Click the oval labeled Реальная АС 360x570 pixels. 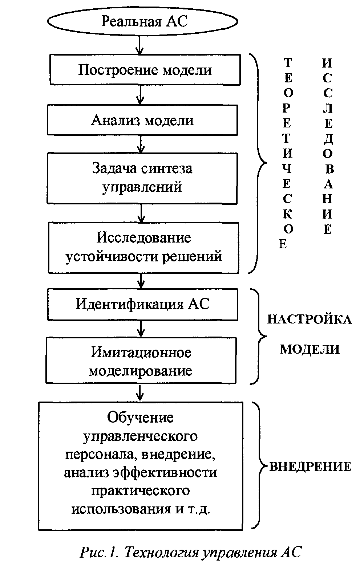tap(142, 21)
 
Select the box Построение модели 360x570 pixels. tap(145, 69)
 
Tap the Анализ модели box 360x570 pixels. tap(142, 120)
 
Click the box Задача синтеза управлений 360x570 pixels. tap(142, 178)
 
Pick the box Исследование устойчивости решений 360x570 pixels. tap(143, 248)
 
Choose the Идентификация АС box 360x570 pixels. tap(143, 304)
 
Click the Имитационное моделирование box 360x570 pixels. tap(141, 361)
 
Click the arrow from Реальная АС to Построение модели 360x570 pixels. tap(139, 45)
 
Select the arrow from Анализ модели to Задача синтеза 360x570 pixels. tap(141, 144)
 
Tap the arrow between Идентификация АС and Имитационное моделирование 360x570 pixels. tap(141, 329)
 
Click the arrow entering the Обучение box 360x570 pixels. tap(140, 393)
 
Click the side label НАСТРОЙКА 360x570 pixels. tap(310, 319)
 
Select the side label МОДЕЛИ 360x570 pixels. tap(310, 349)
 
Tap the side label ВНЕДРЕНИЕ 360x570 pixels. tap(310, 467)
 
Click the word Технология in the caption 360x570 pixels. tap(161, 552)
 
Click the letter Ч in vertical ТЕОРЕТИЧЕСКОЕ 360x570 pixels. tap(287, 168)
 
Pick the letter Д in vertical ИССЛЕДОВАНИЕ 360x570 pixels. tap(328, 139)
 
